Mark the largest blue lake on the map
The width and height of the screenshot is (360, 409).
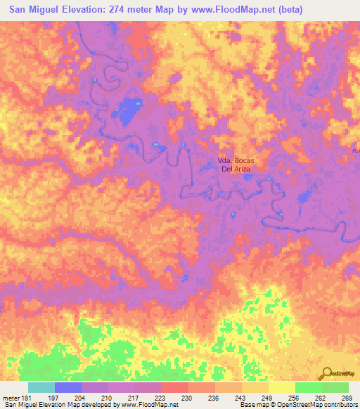click(x=127, y=108)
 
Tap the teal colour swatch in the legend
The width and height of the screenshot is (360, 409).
click(x=41, y=387)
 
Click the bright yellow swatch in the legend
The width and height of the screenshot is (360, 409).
click(x=281, y=387)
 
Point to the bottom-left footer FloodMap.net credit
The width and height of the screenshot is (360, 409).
click(x=90, y=405)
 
